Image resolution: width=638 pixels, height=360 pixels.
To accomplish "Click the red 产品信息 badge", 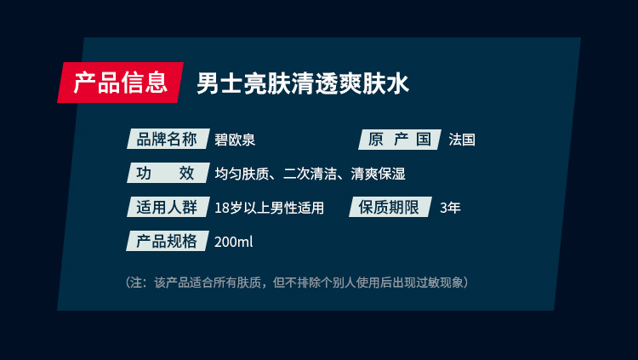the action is point(121,83).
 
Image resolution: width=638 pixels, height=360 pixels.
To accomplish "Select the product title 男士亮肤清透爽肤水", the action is point(303,83).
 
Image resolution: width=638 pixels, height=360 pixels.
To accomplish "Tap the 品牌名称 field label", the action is point(168,139).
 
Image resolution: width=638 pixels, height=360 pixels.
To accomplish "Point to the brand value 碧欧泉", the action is point(235,140).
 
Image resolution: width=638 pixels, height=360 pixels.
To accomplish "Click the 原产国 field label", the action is point(400,140).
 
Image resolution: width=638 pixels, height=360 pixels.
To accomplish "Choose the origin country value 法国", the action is point(462,140).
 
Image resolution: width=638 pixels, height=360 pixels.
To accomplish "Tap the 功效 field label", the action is point(168,173).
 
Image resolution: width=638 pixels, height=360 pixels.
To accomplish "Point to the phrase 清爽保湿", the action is point(378,174).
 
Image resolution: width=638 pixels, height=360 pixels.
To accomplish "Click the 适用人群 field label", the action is point(168,207).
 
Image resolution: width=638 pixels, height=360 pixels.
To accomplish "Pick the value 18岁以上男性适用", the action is point(270,209).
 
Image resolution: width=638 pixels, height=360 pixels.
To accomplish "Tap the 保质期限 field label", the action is point(390,207).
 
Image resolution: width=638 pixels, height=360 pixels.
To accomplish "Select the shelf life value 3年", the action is point(450,209).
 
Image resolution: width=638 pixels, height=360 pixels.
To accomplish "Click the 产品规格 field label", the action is point(168,241).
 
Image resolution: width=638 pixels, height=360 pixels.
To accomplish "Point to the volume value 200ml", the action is point(234,242).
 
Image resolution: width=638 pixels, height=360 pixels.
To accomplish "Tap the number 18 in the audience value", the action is point(222,209).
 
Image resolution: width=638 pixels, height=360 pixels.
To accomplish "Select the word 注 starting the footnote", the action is point(136,283).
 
